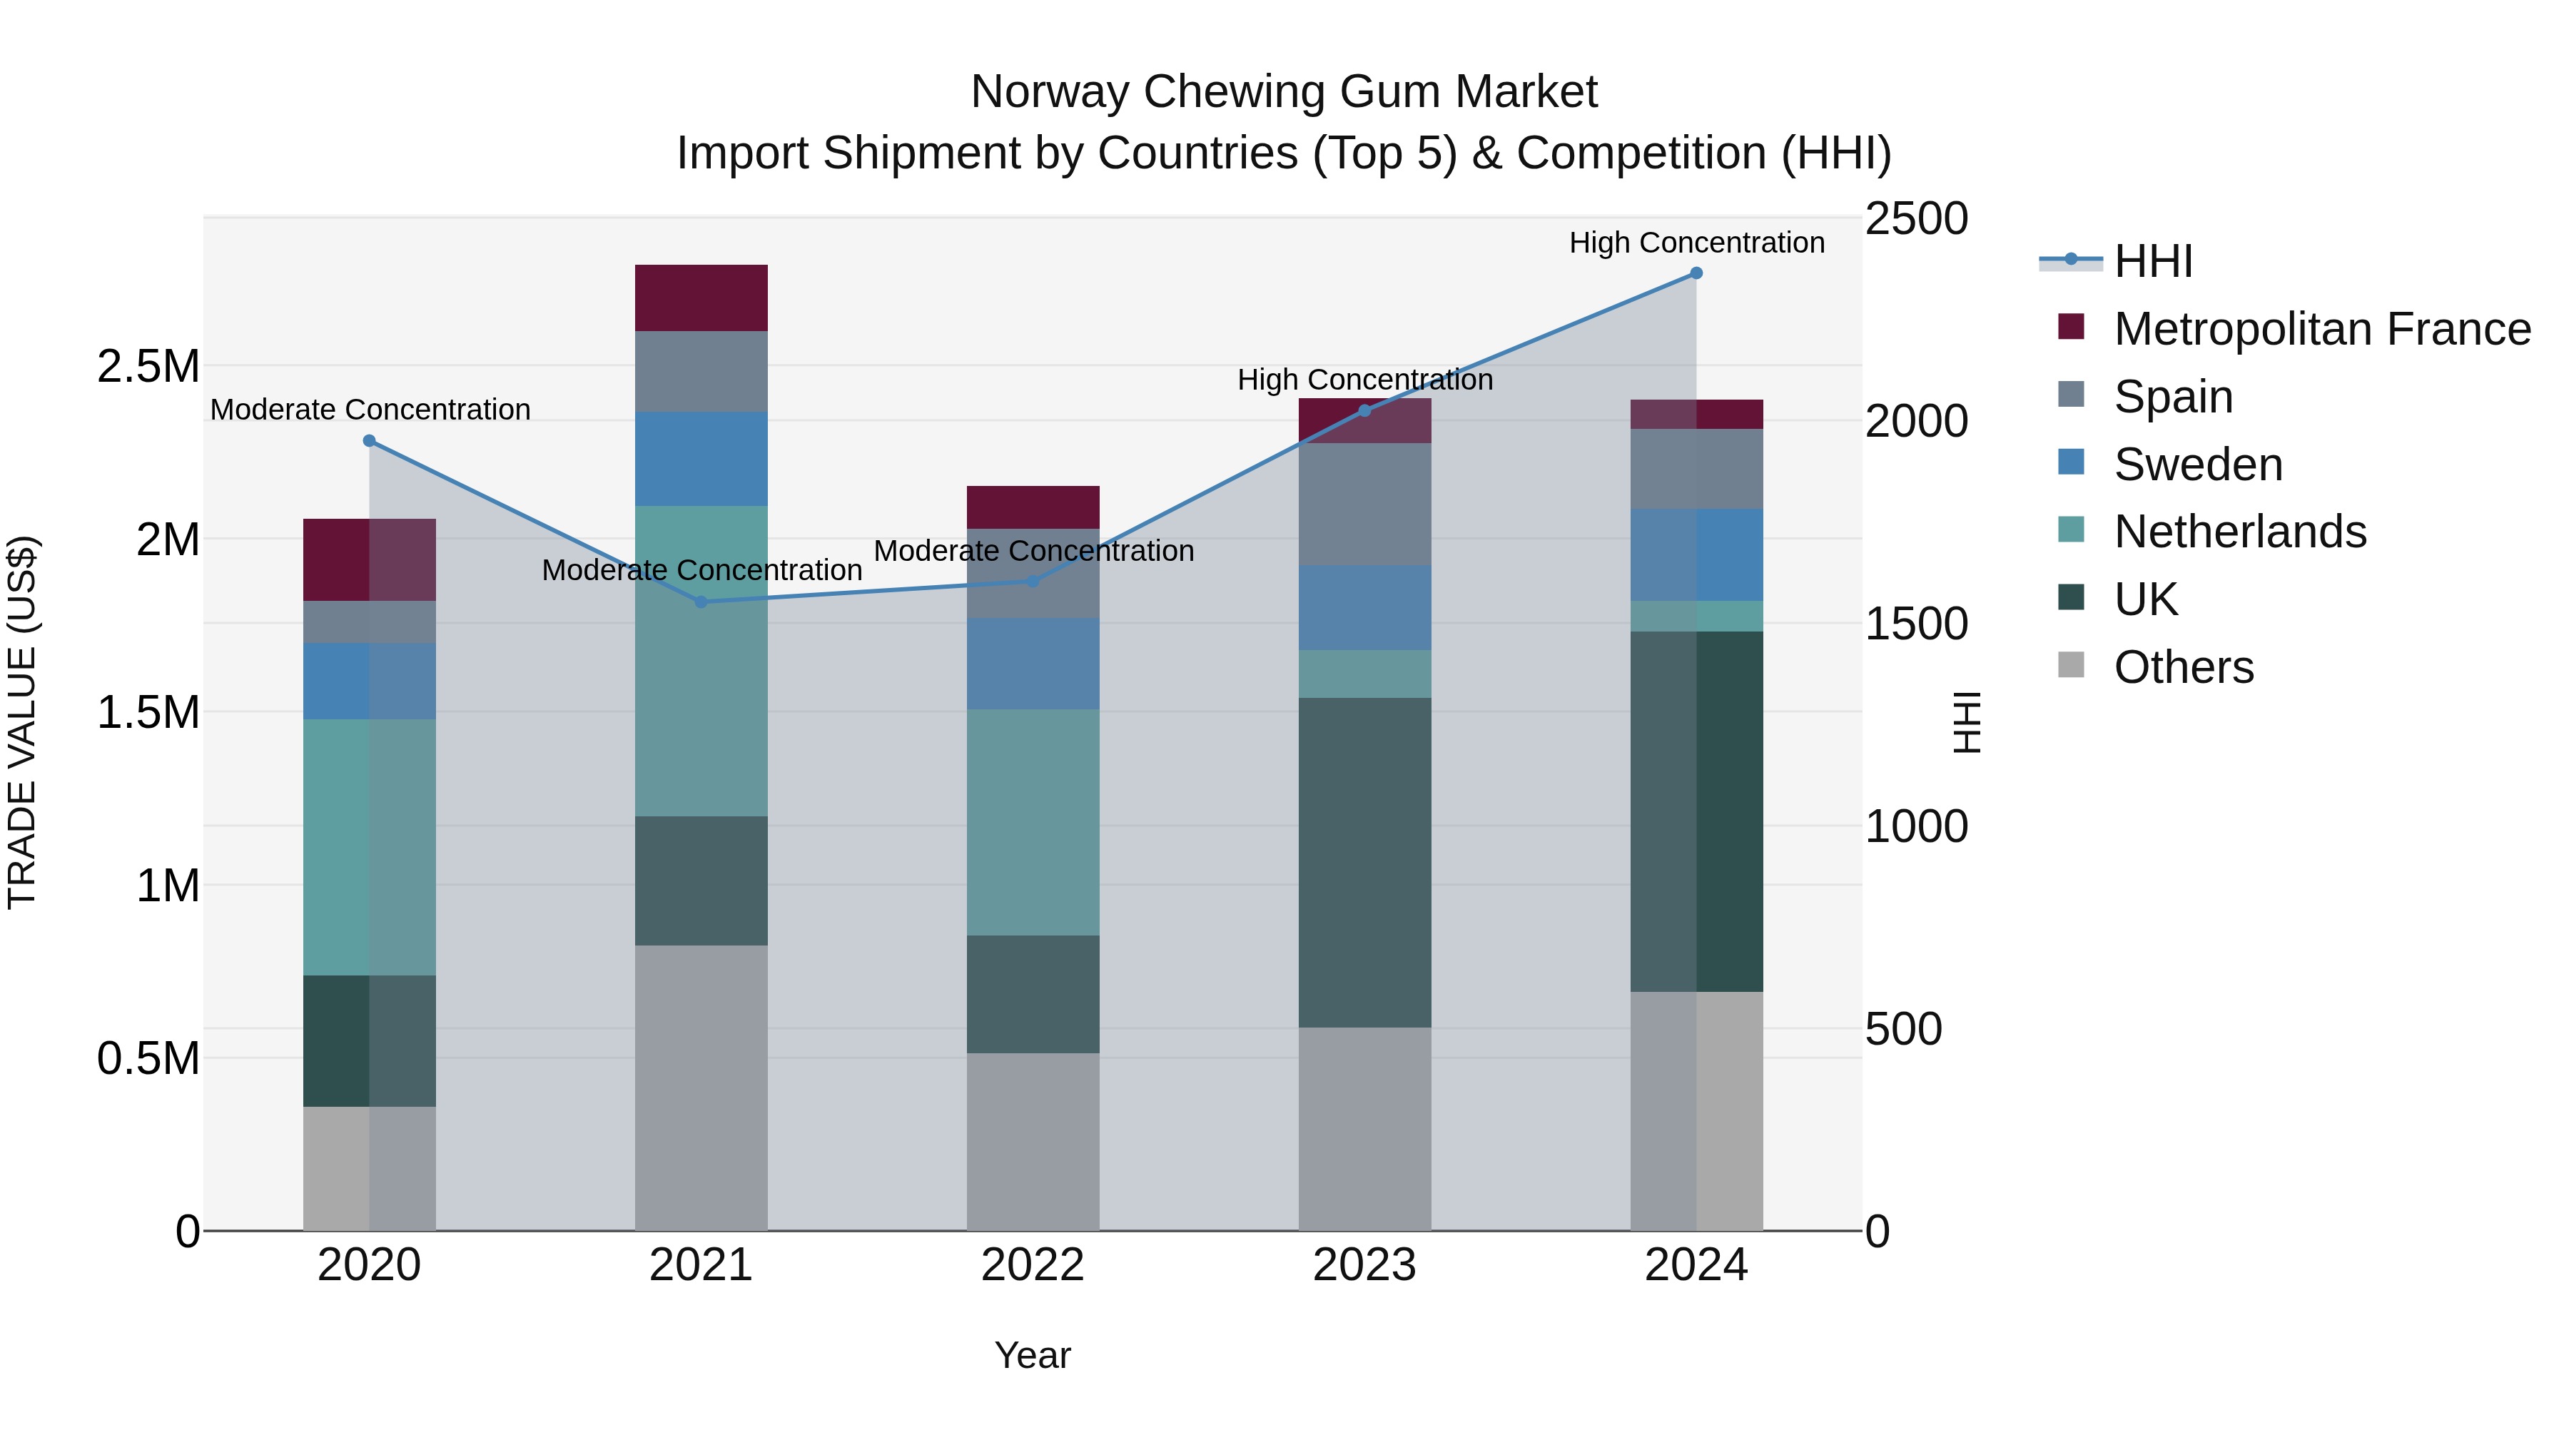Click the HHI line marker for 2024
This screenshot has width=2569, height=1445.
click(1696, 273)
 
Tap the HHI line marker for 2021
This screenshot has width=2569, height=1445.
click(701, 602)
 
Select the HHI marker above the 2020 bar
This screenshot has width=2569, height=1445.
click(369, 441)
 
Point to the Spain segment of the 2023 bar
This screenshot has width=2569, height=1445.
click(1364, 504)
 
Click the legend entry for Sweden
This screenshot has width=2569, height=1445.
click(2198, 465)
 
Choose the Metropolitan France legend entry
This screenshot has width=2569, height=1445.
click(2321, 329)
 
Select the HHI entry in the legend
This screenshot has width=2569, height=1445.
click(2152, 261)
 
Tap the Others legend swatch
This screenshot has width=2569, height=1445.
click(2072, 665)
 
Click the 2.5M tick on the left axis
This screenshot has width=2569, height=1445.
click(148, 367)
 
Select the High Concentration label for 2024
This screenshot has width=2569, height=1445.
click(1696, 243)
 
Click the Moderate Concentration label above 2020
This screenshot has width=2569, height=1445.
click(370, 410)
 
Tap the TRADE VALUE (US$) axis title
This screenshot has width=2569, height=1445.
click(22, 722)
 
